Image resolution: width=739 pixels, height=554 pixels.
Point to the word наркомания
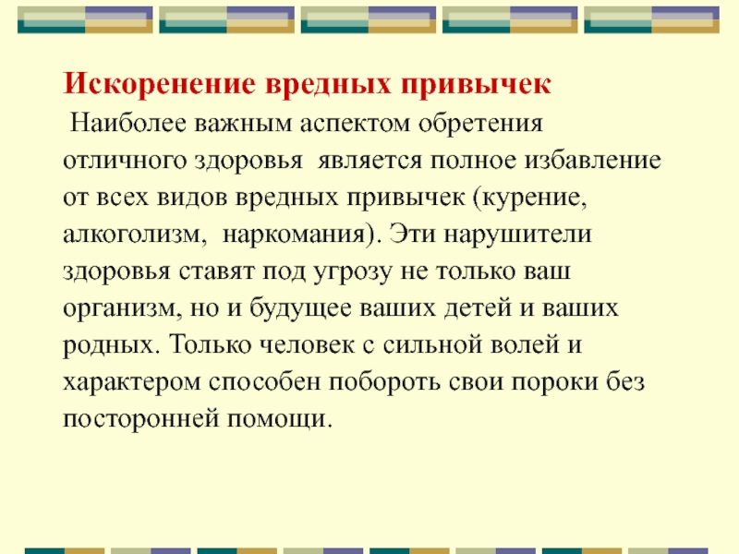tap(296, 233)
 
